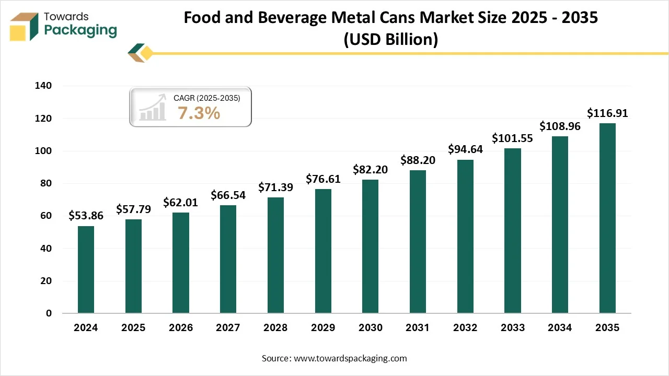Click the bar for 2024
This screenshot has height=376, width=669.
(86, 269)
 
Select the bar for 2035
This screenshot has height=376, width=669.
(607, 218)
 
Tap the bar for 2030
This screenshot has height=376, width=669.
(370, 246)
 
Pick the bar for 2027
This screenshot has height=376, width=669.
(228, 259)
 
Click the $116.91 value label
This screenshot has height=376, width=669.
(607, 113)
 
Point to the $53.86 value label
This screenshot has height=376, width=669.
(86, 216)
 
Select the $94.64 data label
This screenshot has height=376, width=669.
(465, 149)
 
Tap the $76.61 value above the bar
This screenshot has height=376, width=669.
(323, 179)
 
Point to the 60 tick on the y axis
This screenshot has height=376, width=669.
(46, 216)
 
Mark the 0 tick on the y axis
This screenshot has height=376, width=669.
(49, 313)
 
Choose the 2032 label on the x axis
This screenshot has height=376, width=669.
(465, 328)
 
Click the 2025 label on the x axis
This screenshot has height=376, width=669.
(133, 328)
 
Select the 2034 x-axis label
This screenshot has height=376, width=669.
(560, 328)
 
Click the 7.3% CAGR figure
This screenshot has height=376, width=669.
(199, 113)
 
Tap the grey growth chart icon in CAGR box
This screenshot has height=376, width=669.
(152, 109)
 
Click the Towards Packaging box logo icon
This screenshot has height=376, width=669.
(24, 26)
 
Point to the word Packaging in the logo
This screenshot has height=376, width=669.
(80, 30)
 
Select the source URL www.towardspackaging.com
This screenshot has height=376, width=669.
(350, 358)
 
